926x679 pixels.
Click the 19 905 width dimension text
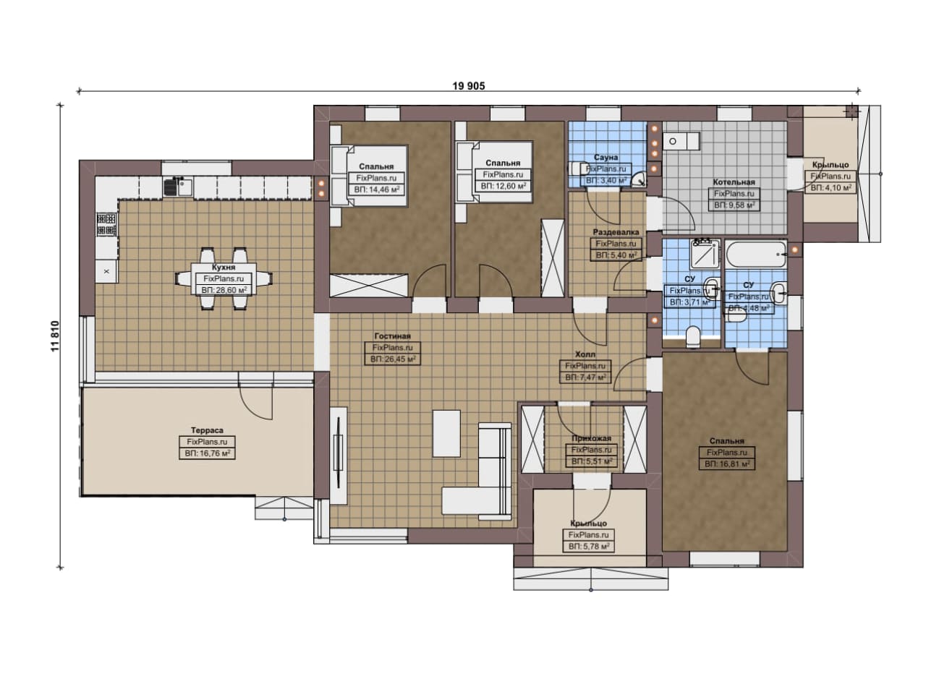468,86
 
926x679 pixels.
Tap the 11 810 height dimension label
56,336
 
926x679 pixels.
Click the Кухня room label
224,267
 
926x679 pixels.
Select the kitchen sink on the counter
178,187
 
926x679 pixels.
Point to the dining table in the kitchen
224,279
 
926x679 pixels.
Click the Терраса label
207,430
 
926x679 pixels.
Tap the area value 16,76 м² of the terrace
207,453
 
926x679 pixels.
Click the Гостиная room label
392,336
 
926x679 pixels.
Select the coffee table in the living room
446,434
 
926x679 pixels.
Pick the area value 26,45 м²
392,359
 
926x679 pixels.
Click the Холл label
585,354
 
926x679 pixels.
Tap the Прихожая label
591,438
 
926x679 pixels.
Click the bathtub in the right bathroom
756,255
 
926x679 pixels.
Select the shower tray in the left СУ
705,253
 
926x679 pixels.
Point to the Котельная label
734,182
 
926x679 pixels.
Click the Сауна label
606,158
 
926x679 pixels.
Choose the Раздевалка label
616,232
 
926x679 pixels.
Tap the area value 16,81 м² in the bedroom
727,464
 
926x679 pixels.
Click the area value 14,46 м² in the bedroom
376,189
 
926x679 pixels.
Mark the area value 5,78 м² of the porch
589,547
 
